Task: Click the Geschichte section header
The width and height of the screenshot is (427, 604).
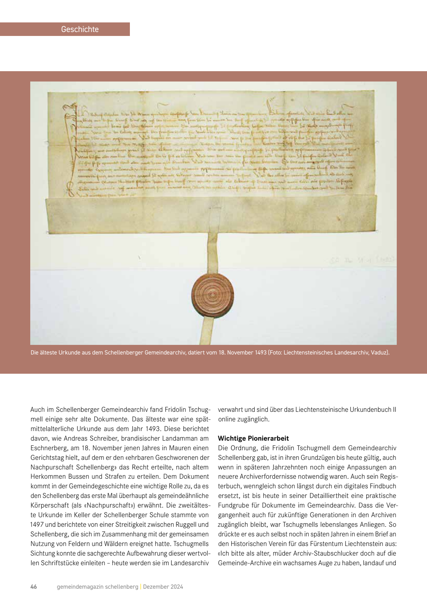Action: pos(80,29)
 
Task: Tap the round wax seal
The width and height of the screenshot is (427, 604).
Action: pos(212,295)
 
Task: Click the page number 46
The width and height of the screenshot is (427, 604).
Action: pos(34,587)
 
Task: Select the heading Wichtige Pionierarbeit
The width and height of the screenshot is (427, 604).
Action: pos(253,438)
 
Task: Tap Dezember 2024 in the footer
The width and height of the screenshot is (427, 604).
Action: pos(163,587)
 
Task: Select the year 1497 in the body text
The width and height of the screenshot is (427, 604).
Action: pos(37,524)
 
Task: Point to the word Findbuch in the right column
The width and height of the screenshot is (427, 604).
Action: pos(383,486)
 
